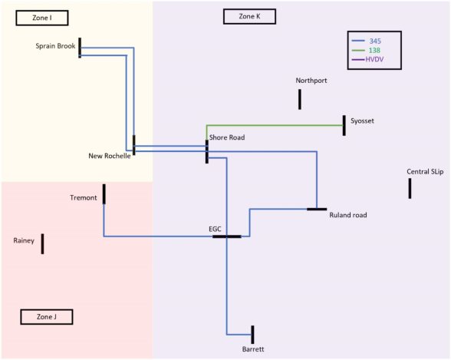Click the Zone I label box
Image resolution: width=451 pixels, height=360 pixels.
click(42, 18)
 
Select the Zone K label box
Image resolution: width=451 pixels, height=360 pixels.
click(249, 16)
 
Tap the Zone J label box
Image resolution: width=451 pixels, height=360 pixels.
click(47, 317)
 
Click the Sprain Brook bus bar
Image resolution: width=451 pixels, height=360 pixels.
click(80, 48)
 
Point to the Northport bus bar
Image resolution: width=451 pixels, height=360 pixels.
click(300, 99)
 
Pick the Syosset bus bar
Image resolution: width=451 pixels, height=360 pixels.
click(344, 125)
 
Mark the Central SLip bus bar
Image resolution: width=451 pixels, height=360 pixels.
click(410, 189)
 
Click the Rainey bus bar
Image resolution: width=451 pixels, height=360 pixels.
click(43, 244)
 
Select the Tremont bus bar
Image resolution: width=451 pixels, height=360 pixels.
click(104, 194)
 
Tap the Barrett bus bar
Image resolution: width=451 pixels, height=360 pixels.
click(252, 335)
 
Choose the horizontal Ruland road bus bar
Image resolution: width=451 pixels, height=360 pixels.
click(317, 210)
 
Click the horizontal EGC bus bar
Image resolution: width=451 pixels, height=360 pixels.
click(227, 236)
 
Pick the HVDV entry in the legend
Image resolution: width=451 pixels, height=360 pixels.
click(367, 60)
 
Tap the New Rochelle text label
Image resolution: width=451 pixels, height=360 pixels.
click(109, 156)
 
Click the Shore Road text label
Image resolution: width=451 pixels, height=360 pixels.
click(227, 137)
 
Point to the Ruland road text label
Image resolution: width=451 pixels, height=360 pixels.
click(348, 215)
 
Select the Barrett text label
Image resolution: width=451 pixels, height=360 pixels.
click(253, 349)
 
